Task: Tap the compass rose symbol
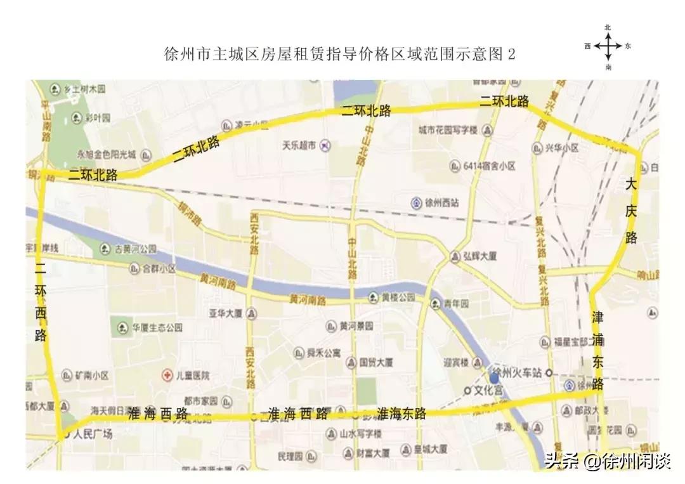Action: click(x=608, y=46)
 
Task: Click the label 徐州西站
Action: click(x=442, y=203)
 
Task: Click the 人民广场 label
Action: click(x=93, y=435)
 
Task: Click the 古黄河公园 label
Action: click(x=136, y=249)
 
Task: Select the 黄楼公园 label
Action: click(x=398, y=297)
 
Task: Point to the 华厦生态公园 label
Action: click(x=157, y=328)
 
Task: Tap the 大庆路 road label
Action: click(x=630, y=211)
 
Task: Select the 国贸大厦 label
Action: click(x=376, y=363)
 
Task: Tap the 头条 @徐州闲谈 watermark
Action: click(x=607, y=460)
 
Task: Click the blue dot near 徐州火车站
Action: click(x=494, y=378)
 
